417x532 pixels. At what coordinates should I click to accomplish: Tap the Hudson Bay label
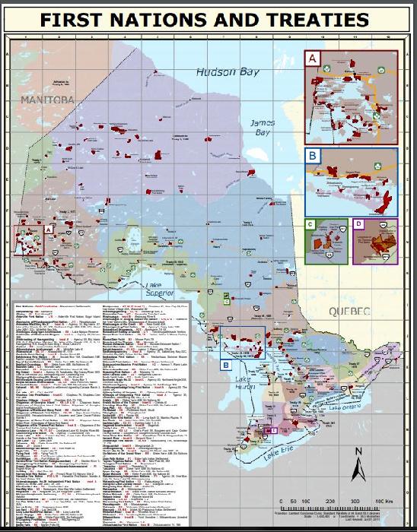(223, 73)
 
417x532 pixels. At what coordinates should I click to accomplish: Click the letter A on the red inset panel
(311, 58)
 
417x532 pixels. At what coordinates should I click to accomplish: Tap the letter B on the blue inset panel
(312, 157)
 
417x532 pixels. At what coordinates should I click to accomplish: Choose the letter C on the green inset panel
(310, 226)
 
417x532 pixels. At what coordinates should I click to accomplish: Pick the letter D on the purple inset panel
(358, 226)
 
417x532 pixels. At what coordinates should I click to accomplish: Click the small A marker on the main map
(48, 227)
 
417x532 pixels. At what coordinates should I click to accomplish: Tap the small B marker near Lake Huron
(226, 365)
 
